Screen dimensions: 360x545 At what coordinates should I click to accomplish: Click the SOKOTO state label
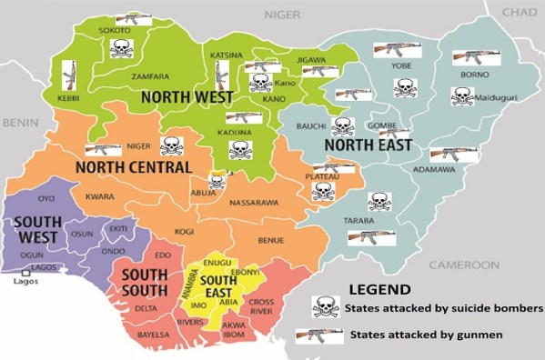click(x=114, y=31)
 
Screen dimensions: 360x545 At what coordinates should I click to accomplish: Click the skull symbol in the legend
click(x=326, y=307)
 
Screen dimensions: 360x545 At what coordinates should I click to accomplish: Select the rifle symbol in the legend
click(x=318, y=335)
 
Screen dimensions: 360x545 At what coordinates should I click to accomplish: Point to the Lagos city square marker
click(x=24, y=271)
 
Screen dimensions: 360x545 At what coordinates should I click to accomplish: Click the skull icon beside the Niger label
click(x=170, y=145)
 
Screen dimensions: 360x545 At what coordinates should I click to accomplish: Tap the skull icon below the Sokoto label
click(x=121, y=49)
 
